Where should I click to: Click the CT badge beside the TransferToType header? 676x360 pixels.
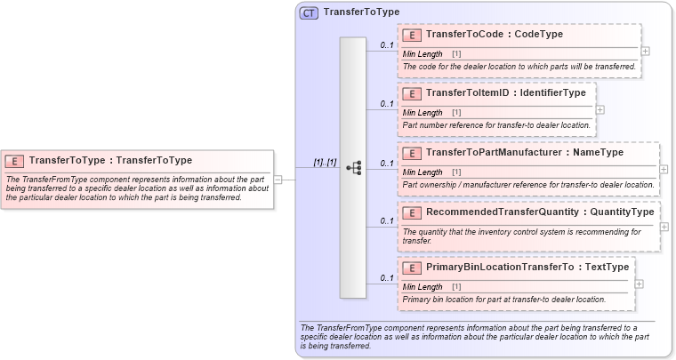pyautogui.click(x=309, y=12)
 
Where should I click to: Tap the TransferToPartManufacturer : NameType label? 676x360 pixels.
pyautogui.click(x=525, y=153)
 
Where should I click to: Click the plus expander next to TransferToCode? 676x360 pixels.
pyautogui.click(x=645, y=51)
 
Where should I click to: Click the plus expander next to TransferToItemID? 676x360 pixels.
pyautogui.click(x=600, y=109)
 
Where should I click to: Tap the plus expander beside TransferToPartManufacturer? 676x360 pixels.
pyautogui.click(x=664, y=168)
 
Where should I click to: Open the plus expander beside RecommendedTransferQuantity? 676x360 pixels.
pyautogui.click(x=664, y=227)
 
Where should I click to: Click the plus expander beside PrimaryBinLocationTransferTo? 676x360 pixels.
pyautogui.click(x=639, y=284)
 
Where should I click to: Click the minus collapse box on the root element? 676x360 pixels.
pyautogui.click(x=278, y=179)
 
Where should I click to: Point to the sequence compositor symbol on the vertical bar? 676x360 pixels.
pyautogui.click(x=353, y=167)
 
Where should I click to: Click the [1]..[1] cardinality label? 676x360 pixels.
pyautogui.click(x=325, y=163)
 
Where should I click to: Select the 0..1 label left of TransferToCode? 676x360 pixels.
pyautogui.click(x=387, y=44)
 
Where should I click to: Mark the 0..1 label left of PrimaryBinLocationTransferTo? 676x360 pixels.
pyautogui.click(x=387, y=277)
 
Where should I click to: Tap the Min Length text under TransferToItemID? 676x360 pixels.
pyautogui.click(x=422, y=113)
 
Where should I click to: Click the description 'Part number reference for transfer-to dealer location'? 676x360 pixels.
pyautogui.click(x=496, y=125)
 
